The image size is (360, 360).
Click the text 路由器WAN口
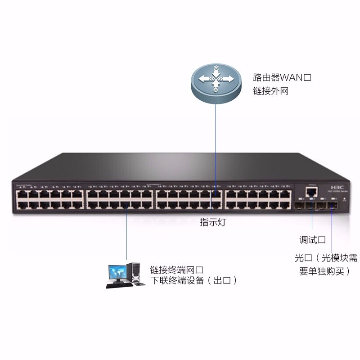click(x=282, y=77)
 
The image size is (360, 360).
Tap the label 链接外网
click(x=270, y=91)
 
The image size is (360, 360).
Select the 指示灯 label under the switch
click(x=213, y=222)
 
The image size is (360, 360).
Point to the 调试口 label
click(x=312, y=239)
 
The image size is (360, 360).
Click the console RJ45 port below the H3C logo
click(x=311, y=193)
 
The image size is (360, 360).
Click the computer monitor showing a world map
click(x=117, y=271)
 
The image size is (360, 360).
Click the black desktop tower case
click(x=134, y=273)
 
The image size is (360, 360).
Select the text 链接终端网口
click(x=176, y=270)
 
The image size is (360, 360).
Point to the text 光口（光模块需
click(x=326, y=258)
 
